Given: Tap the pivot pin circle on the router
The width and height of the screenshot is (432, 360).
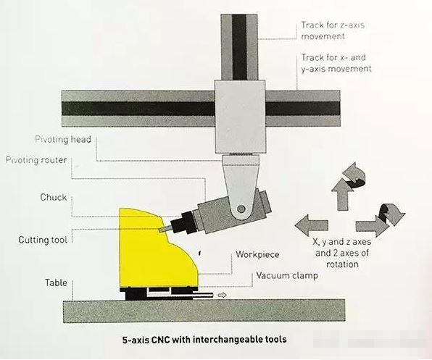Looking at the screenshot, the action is pos(241,209).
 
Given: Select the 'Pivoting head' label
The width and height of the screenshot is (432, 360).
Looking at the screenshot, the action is pos(63,139).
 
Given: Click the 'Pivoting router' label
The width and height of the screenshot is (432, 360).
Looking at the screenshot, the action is pos(36,160).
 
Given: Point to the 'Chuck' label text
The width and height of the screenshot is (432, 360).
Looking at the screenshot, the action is pos(54,197).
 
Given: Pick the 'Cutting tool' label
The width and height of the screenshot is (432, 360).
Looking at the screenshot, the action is pos(43,240).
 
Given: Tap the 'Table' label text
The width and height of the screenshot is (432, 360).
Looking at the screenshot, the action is pos(56,282).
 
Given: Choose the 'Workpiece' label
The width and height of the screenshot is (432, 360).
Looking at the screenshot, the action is pos(257,254).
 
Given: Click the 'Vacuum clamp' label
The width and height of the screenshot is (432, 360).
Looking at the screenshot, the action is pos(287,275).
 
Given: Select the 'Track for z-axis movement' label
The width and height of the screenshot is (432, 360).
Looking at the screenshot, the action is pos(333,30).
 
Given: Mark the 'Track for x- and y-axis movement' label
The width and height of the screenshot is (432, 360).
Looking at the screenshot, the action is pos(336,63).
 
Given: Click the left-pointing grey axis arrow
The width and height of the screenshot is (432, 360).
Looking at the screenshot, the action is pos(312,225).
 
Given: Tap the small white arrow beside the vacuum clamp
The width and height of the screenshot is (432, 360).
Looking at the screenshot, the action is pos(222,295).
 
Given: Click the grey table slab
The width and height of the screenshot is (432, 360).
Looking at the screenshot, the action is pos(204,311).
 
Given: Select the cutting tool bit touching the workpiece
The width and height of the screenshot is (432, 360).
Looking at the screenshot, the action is pos(165,229).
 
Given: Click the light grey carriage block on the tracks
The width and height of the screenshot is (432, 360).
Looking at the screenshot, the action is pos(240,117).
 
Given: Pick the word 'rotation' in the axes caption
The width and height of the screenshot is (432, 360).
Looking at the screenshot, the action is pos(342,264).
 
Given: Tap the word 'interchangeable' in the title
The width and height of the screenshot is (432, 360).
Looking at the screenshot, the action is pos(228,340).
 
